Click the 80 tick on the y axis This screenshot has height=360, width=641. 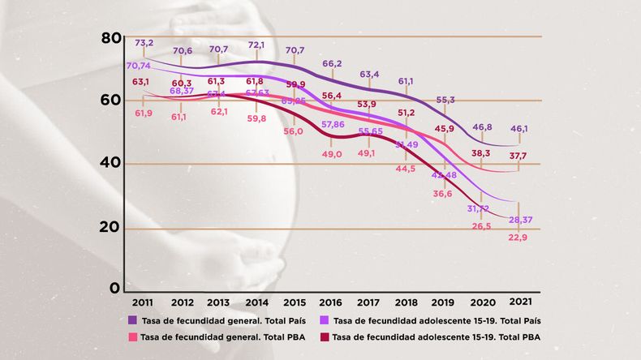111,38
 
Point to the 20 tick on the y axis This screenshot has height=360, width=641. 111,229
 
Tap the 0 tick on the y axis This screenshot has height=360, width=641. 115,288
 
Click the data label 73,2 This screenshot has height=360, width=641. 144,42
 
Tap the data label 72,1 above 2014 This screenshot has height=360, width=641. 256,45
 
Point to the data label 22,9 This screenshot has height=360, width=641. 518,237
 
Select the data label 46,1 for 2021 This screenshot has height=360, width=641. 518,129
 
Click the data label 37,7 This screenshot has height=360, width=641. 518,156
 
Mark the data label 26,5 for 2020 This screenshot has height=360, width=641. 481,226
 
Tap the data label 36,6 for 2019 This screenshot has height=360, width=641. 443,194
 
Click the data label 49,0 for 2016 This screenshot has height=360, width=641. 331,154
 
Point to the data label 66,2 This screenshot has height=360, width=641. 331,63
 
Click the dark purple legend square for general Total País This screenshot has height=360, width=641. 131,320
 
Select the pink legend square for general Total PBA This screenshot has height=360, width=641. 131,336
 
